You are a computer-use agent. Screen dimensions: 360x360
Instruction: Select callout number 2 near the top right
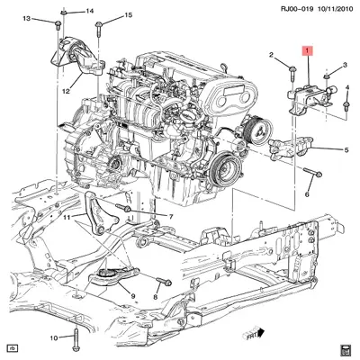pyautogui.click(x=270, y=57)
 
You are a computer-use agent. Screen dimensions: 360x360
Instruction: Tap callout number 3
pyautogui.click(x=346, y=66)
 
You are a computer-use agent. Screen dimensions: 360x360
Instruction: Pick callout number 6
pyautogui.click(x=305, y=193)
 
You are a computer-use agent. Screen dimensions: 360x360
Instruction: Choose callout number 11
pyautogui.click(x=65, y=217)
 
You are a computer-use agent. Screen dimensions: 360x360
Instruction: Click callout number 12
pyautogui.click(x=66, y=90)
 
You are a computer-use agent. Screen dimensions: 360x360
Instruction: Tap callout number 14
pyautogui.click(x=90, y=11)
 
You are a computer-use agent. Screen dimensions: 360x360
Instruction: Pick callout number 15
pyautogui.click(x=128, y=15)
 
